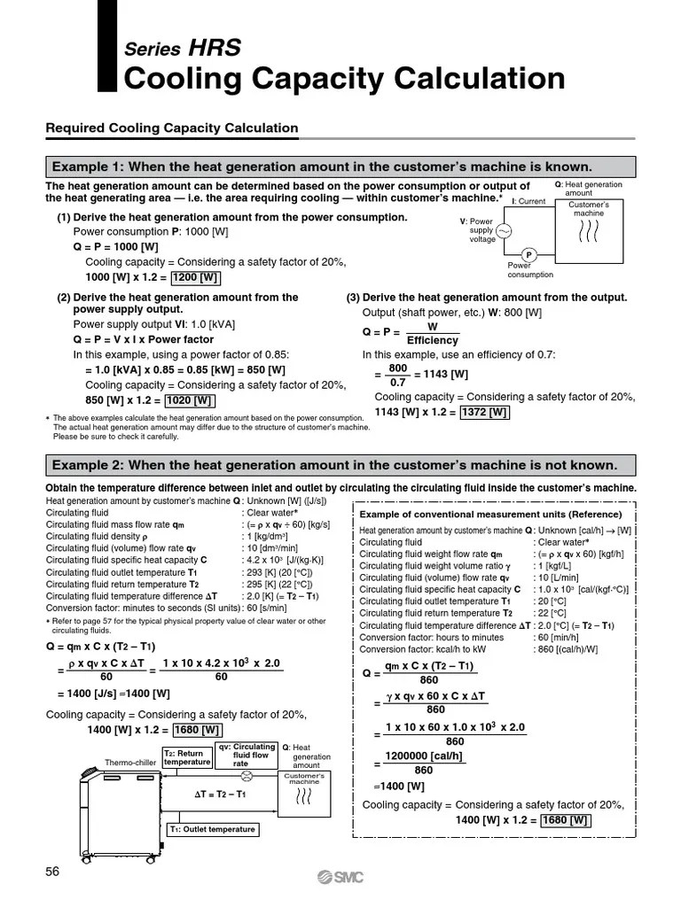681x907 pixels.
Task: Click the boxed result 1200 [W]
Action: point(196,277)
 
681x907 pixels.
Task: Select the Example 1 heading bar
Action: point(340,167)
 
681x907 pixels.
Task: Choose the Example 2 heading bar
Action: point(340,465)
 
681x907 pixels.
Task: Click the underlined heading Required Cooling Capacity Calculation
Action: point(172,128)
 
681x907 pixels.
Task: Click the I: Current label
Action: point(529,201)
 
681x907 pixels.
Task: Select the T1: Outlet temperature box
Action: point(212,829)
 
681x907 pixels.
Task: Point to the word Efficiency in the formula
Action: point(432,340)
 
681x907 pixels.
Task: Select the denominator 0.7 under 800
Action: point(397,382)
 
